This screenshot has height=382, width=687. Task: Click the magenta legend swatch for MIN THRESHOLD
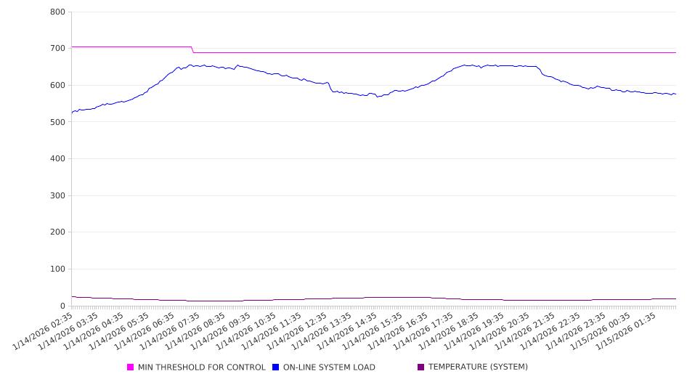pyautogui.click(x=131, y=367)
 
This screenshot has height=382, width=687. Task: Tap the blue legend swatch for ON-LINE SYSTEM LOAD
pyautogui.click(x=276, y=367)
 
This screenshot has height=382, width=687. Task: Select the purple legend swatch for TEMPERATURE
pyautogui.click(x=421, y=367)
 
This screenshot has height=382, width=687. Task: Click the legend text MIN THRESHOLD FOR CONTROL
pyautogui.click(x=201, y=367)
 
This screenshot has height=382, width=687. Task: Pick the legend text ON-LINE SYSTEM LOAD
pyautogui.click(x=329, y=367)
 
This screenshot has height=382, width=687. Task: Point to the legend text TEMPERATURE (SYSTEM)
pyautogui.click(x=478, y=367)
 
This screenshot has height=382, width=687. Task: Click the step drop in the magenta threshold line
pyautogui.click(x=192, y=49)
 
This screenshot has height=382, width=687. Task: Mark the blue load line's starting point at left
pyautogui.click(x=72, y=113)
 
